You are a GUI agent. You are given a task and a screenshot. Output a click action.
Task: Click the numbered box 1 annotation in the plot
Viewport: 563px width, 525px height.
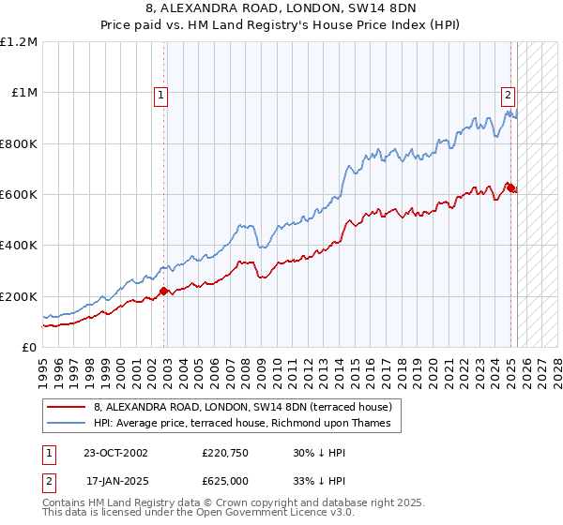pyautogui.click(x=161, y=94)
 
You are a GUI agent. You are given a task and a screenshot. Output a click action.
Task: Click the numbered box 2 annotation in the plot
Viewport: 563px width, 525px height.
pyautogui.click(x=508, y=94)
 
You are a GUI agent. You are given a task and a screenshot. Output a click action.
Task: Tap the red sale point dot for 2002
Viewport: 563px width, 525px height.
pyautogui.click(x=163, y=291)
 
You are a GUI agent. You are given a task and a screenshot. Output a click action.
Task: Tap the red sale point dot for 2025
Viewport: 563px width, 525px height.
pyautogui.click(x=511, y=188)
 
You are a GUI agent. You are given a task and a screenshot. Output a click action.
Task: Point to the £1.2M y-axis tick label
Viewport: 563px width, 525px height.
pyautogui.click(x=19, y=42)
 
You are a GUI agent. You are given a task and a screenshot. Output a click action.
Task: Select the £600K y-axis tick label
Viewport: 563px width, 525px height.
pyautogui.click(x=19, y=195)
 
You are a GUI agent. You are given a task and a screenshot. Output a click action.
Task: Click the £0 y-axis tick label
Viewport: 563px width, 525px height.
pyautogui.click(x=31, y=348)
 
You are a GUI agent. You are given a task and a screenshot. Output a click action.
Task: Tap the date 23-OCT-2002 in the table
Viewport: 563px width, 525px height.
pyautogui.click(x=115, y=453)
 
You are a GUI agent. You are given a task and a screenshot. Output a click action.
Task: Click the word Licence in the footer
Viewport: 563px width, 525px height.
pyautogui.click(x=259, y=514)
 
